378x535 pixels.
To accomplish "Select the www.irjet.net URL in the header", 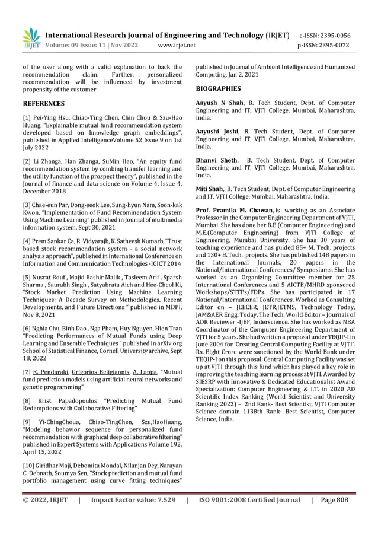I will pyautogui.click(x=178, y=45).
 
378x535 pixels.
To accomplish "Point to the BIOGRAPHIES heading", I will pyautogui.click(x=218, y=89).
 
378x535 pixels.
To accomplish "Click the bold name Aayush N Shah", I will pyautogui.click(x=218, y=103).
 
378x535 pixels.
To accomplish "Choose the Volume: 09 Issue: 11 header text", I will pyautogui.click(x=86, y=45).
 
